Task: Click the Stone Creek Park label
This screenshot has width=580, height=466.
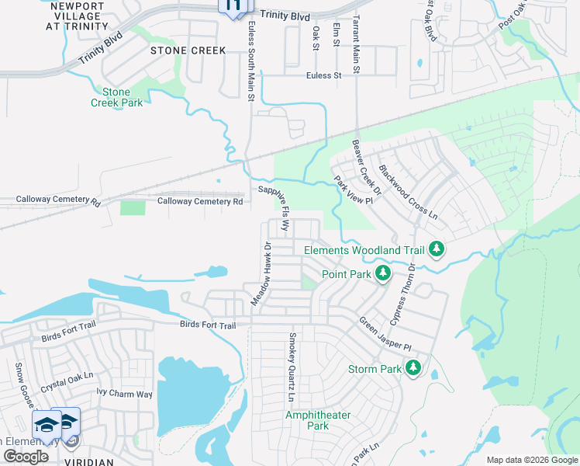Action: pyautogui.click(x=116, y=97)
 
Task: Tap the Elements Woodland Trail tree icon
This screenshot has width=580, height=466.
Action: pyautogui.click(x=437, y=249)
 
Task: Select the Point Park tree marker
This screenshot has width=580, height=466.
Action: pyautogui.click(x=382, y=273)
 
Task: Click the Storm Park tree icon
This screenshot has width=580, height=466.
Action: pyautogui.click(x=413, y=367)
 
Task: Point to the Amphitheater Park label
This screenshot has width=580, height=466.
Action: pyautogui.click(x=318, y=420)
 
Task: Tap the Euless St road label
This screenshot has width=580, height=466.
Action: pyautogui.click(x=324, y=75)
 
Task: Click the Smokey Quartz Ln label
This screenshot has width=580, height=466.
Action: pyautogui.click(x=292, y=367)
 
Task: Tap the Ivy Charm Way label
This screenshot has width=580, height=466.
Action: pyautogui.click(x=124, y=394)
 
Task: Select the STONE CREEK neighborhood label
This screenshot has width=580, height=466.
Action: pyautogui.click(x=188, y=50)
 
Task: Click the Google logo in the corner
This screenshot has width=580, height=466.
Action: pyautogui.click(x=26, y=457)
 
